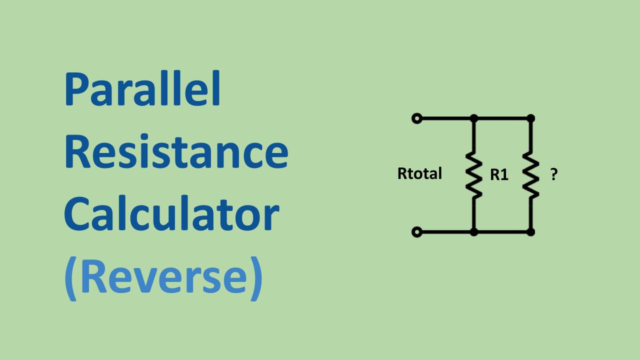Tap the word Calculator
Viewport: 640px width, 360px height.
click(171, 213)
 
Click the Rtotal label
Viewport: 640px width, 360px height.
click(419, 174)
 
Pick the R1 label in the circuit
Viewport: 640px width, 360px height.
click(499, 175)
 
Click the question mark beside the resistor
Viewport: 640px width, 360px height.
click(553, 174)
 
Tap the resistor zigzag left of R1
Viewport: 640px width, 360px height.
click(473, 175)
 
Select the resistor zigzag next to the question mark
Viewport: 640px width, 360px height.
click(530, 175)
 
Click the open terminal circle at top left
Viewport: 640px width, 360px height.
click(416, 118)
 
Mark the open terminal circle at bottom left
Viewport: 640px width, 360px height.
click(416, 232)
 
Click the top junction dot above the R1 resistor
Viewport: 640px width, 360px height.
click(474, 118)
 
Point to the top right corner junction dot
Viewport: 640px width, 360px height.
click(531, 118)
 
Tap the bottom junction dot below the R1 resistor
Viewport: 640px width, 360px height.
click(474, 232)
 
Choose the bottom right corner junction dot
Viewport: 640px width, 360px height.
click(531, 232)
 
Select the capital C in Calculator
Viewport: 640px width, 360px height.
click(77, 214)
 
